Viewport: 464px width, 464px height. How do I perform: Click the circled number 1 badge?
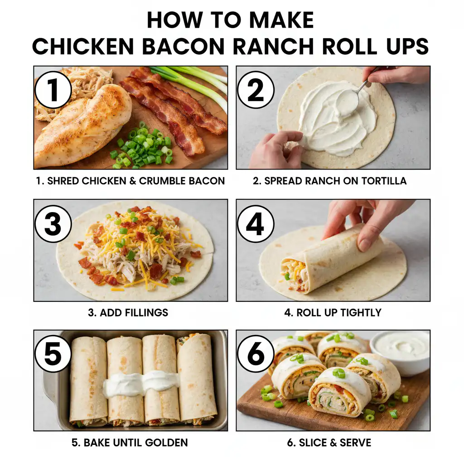53,89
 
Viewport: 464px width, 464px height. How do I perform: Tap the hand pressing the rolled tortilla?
362,222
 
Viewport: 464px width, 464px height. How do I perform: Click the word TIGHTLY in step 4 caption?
358,313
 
